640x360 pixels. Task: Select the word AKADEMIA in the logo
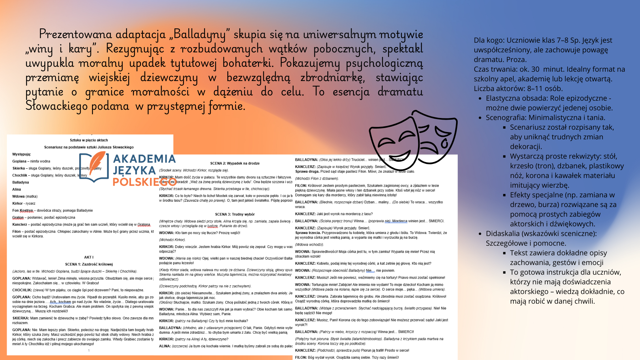pyautogui.click(x=144, y=159)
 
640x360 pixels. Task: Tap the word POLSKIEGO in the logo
pyautogui.click(x=144, y=182)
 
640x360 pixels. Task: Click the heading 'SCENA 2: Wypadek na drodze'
pyautogui.click(x=235, y=163)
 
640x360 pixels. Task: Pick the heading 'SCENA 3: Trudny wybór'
pyautogui.click(x=235, y=214)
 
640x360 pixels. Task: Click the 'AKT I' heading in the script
pyautogui.click(x=89, y=257)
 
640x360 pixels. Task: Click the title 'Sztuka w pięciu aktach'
pyautogui.click(x=89, y=140)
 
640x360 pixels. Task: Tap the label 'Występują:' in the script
pyautogui.click(x=21, y=154)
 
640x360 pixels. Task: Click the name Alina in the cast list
pyautogui.click(x=17, y=189)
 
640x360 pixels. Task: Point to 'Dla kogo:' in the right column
pyautogui.click(x=489, y=40)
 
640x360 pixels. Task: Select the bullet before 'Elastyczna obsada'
pyautogui.click(x=480, y=99)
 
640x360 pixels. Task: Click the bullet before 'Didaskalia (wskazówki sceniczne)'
pyautogui.click(x=480, y=234)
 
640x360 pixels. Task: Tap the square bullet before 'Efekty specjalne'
pyautogui.click(x=504, y=195)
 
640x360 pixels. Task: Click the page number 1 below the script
pyautogui.click(x=89, y=350)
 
